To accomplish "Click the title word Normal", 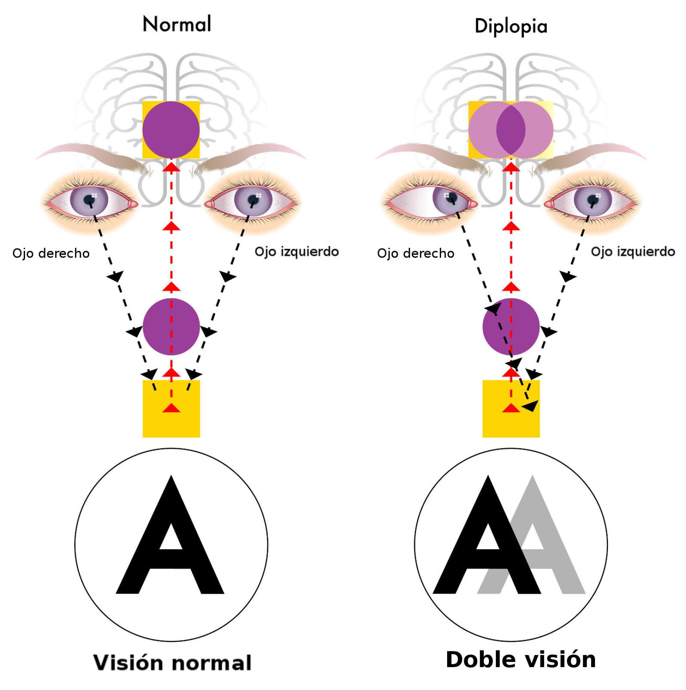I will click(177, 24).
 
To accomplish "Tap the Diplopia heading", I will click(511, 27).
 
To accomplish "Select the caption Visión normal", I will click(173, 663).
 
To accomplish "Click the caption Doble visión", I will click(521, 660).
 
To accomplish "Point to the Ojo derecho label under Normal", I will click(51, 253).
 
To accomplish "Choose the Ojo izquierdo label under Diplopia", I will click(633, 252).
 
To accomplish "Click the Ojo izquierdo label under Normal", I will click(297, 252).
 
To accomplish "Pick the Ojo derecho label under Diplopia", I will click(415, 253).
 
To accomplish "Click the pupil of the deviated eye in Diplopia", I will click(451, 197).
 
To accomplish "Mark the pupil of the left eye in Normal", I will click(253, 199).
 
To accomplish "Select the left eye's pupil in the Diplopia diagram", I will click(593, 199).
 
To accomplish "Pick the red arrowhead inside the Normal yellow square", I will click(172, 408).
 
